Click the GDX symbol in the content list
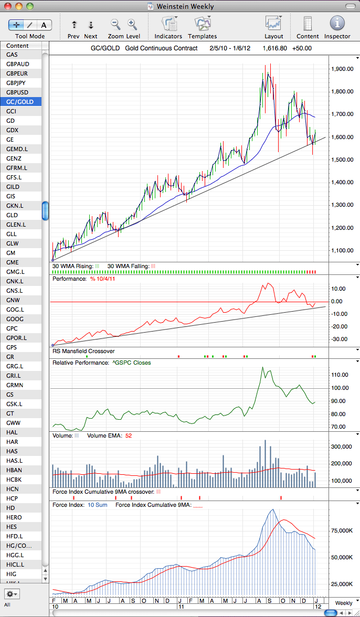tap(12, 130)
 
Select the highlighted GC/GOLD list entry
tap(20, 102)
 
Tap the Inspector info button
tap(337, 23)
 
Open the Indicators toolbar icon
tap(168, 24)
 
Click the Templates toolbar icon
tap(202, 24)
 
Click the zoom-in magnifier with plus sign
tap(132, 24)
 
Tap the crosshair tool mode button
tap(16, 25)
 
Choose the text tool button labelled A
tap(44, 25)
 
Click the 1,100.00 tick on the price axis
tap(342, 250)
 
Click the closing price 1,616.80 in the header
tap(274, 48)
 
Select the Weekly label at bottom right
tap(344, 603)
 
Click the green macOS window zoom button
tap(30, 6)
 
